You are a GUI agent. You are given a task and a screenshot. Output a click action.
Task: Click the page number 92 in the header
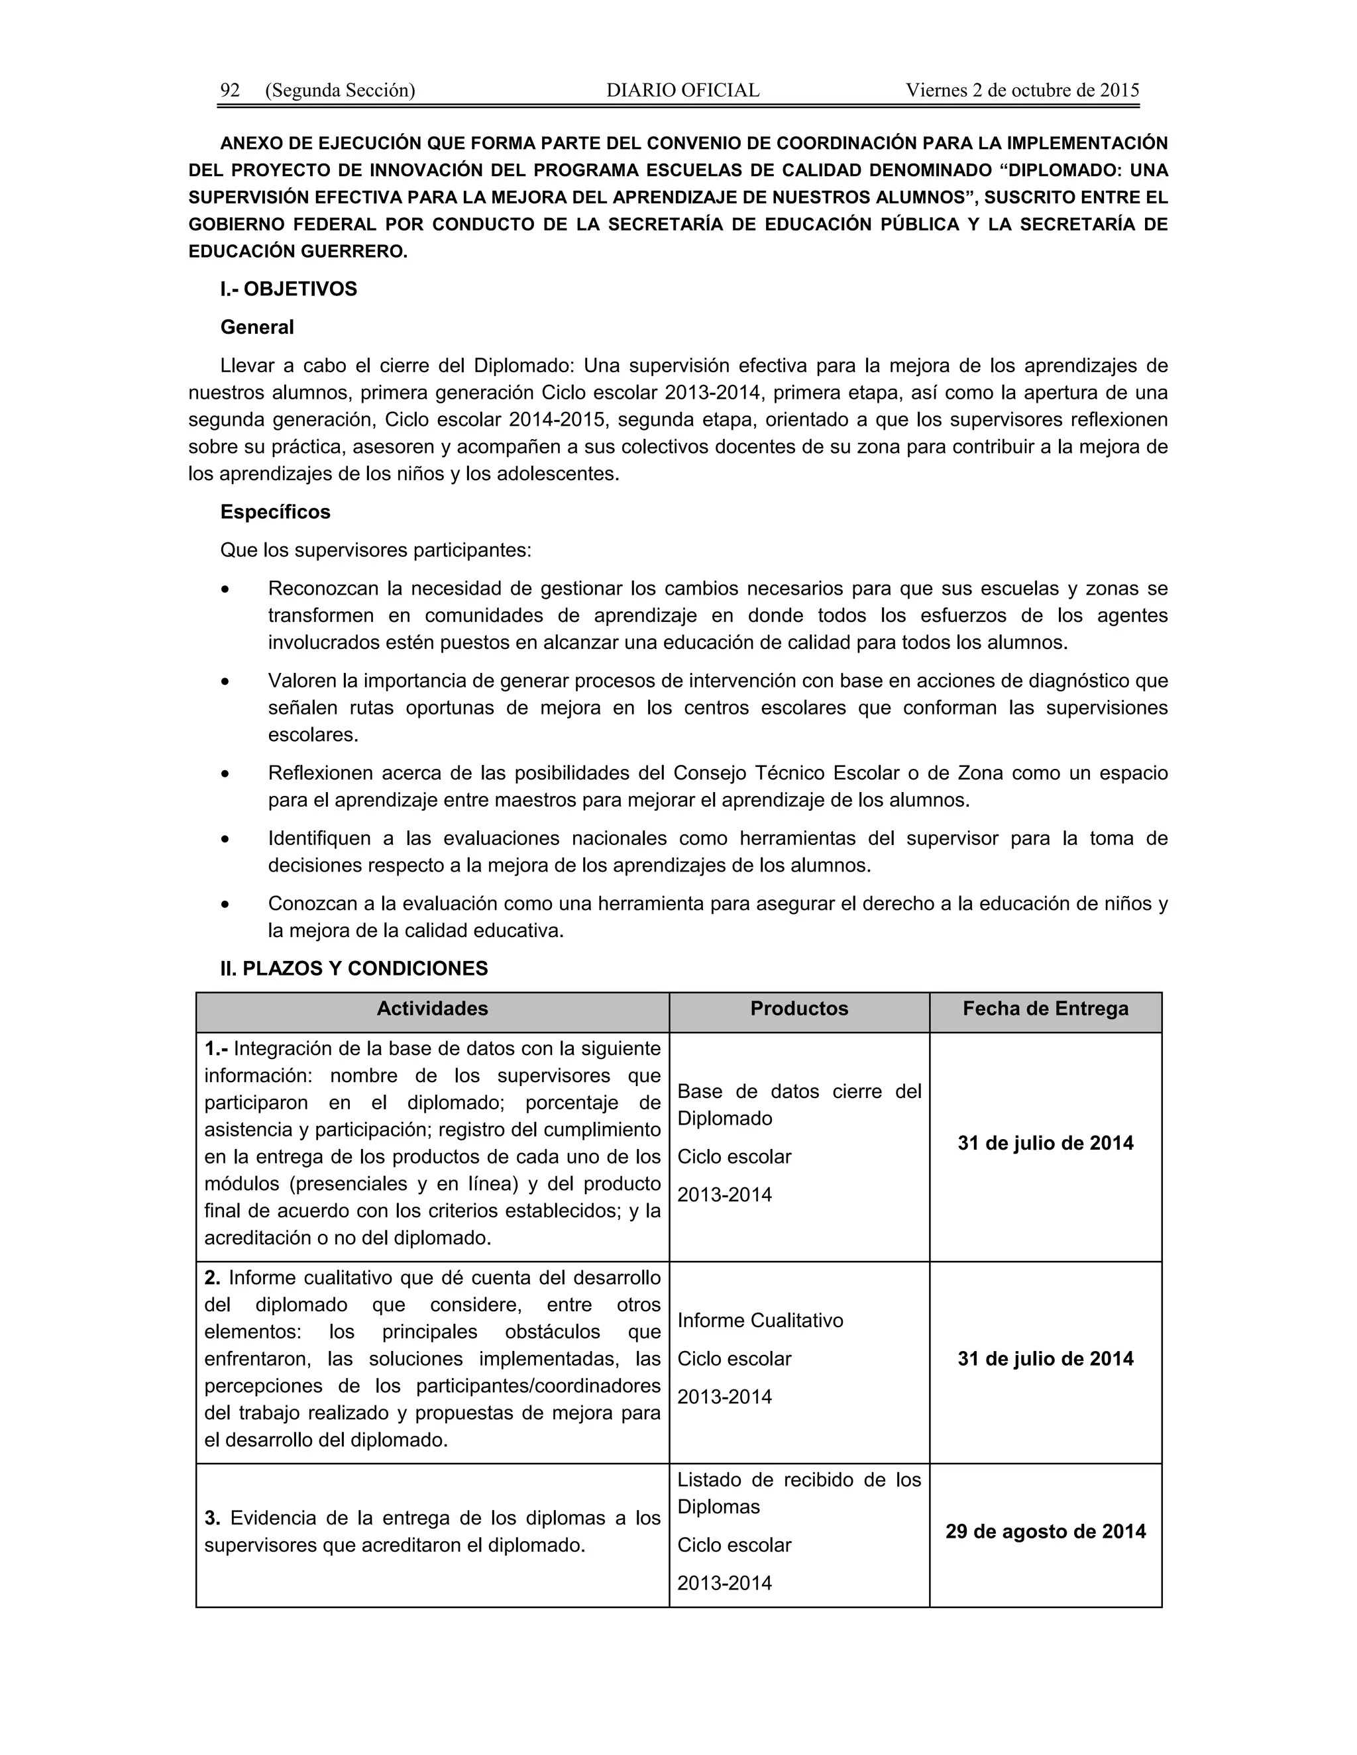230,91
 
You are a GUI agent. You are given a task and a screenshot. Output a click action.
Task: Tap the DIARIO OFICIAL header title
682,91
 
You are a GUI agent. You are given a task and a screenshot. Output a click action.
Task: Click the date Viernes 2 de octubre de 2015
1022,91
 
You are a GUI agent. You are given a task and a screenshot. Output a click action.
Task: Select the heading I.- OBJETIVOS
289,289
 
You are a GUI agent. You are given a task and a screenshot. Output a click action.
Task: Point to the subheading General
257,328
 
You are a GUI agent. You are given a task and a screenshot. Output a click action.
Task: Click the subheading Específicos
276,513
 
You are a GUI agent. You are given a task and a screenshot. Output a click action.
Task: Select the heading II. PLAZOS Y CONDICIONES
354,969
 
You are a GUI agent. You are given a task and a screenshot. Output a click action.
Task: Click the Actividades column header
433,1009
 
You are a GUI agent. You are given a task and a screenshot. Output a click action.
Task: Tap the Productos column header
799,1009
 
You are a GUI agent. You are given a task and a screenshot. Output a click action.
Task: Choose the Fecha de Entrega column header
1045,1009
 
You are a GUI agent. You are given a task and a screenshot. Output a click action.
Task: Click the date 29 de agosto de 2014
1045,1532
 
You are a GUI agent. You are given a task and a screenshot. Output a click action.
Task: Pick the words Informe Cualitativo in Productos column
761,1321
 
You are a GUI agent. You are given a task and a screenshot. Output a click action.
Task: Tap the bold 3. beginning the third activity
212,1519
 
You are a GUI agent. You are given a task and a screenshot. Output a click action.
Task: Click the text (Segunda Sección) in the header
340,91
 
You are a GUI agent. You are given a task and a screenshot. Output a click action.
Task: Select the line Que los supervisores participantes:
376,551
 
